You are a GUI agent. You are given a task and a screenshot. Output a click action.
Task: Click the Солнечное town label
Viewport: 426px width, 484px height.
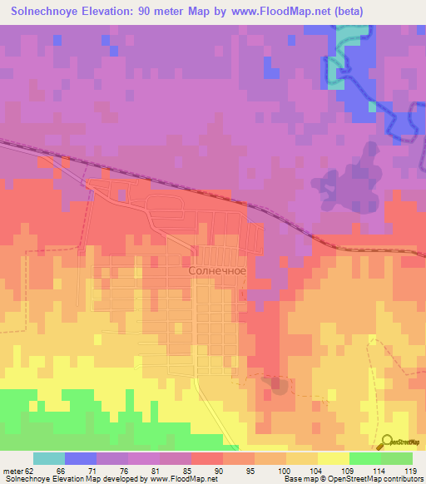click(x=217, y=270)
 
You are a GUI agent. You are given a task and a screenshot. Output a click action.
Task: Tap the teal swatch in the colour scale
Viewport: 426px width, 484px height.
click(x=49, y=458)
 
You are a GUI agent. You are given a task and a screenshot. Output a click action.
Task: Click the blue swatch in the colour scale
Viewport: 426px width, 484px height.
click(x=81, y=458)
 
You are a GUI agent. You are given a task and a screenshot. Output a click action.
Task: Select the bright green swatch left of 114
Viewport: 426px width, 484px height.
click(x=365, y=458)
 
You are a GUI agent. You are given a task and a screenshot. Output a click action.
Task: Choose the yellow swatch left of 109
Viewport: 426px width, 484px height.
click(x=334, y=458)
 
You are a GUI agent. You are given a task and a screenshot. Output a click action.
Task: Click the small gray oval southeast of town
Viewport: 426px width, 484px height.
click(x=278, y=385)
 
